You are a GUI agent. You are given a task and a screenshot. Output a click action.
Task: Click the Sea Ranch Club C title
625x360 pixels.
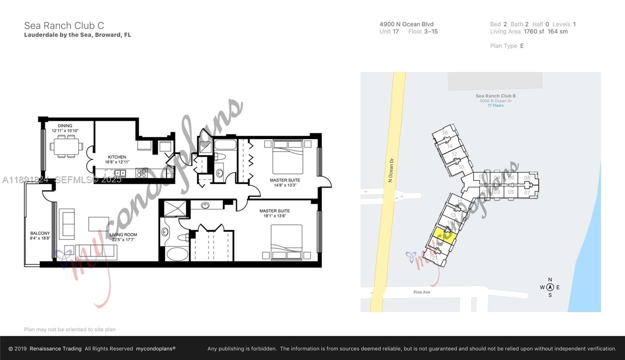(x=64, y=26)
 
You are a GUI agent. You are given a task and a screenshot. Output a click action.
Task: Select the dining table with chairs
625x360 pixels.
(x=66, y=146)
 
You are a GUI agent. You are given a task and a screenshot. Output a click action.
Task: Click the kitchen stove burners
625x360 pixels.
(x=141, y=173)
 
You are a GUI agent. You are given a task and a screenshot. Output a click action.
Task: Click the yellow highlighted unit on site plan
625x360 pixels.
(x=444, y=235)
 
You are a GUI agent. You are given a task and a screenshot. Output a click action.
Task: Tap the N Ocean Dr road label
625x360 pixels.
(x=391, y=170)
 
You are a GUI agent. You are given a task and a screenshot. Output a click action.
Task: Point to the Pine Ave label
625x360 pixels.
(x=421, y=292)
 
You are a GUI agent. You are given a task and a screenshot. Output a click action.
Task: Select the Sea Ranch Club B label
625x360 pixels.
(x=495, y=96)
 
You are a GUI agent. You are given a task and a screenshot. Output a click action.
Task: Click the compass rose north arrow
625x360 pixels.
(x=550, y=287)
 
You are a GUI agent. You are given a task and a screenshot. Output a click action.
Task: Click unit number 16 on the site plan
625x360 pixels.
(x=445, y=132)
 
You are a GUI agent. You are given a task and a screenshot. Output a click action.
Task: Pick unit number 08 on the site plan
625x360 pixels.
(x=527, y=178)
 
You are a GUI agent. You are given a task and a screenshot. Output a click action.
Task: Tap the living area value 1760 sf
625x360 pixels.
(x=534, y=32)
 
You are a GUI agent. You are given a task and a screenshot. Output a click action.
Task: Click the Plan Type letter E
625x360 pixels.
(x=522, y=46)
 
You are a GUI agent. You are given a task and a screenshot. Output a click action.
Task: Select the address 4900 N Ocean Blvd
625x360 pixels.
(x=406, y=24)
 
